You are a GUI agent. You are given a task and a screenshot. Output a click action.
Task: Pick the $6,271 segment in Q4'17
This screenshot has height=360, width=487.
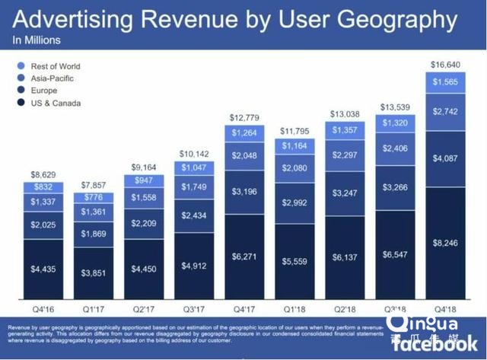pyautogui.click(x=244, y=257)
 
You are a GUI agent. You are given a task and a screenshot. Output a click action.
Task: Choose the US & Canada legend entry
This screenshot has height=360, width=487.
pyautogui.click(x=56, y=103)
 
